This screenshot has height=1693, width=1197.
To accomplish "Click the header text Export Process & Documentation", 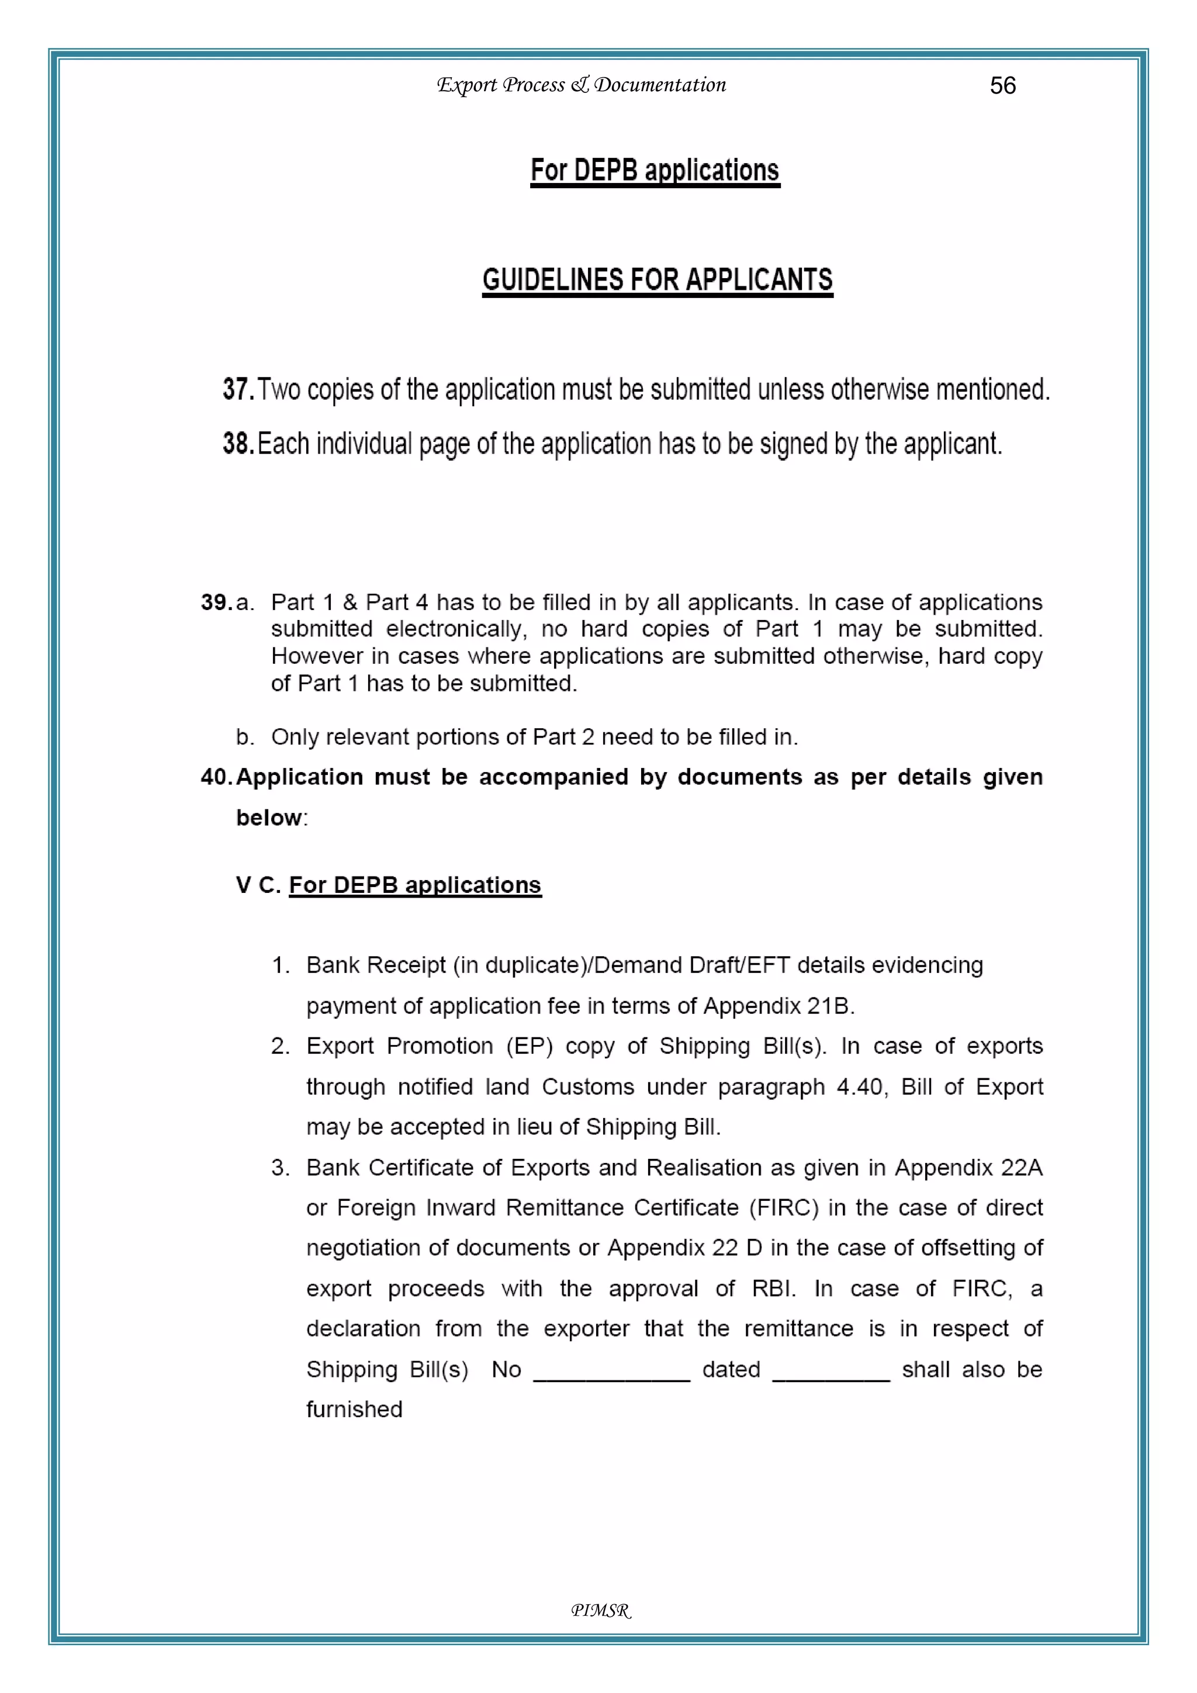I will (581, 85).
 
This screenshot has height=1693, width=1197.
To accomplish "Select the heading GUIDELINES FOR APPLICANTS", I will (657, 280).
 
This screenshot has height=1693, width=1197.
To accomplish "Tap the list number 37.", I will (238, 389).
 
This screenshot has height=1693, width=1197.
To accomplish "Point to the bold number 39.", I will (217, 603).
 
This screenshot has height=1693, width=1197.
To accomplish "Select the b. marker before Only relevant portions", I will (245, 736).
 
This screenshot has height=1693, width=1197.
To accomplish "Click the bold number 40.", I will (217, 777).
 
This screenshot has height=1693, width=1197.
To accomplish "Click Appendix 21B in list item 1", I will (777, 1006).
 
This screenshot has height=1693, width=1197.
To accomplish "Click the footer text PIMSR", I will (600, 1611).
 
